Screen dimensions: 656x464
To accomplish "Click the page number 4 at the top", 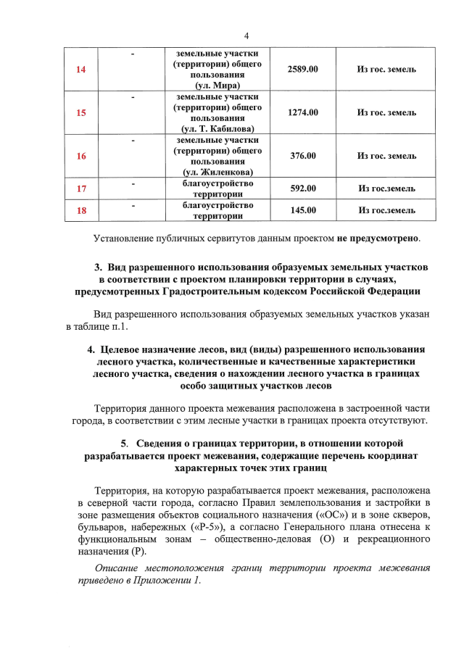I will pyautogui.click(x=246, y=36).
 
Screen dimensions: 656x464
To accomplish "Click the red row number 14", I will pyautogui.click(x=81, y=70).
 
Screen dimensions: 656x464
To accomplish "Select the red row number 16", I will pyautogui.click(x=81, y=157).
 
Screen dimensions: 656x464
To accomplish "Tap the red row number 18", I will pyautogui.click(x=81, y=211).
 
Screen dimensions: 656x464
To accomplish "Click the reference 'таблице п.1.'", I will pyautogui.click(x=97, y=327).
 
